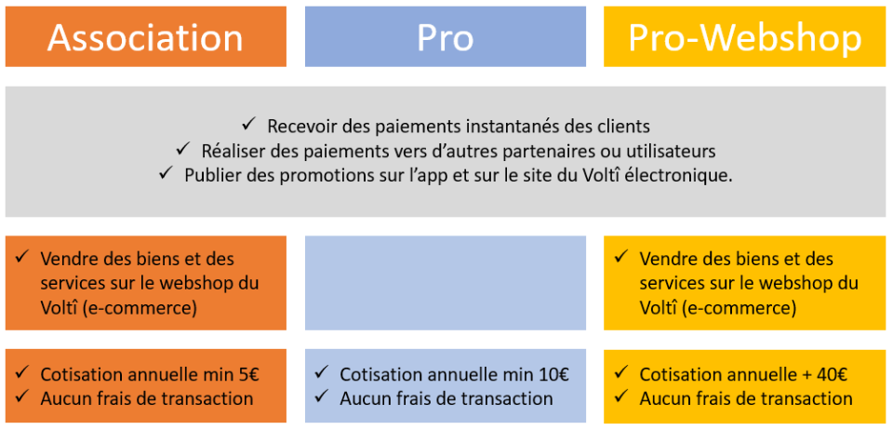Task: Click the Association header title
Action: point(145,37)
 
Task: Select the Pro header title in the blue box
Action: point(445,37)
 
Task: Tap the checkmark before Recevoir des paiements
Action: point(249,124)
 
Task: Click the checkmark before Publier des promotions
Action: point(167,173)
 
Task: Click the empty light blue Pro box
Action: point(445,283)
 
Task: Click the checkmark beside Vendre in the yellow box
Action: point(621,257)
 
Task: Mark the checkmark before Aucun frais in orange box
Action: point(22,396)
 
